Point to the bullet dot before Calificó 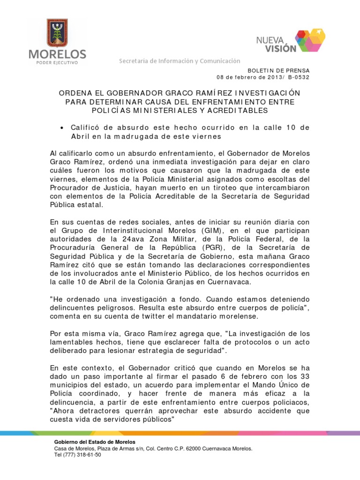(62, 127)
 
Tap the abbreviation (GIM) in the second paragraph (200, 231)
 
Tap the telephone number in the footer (78, 455)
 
